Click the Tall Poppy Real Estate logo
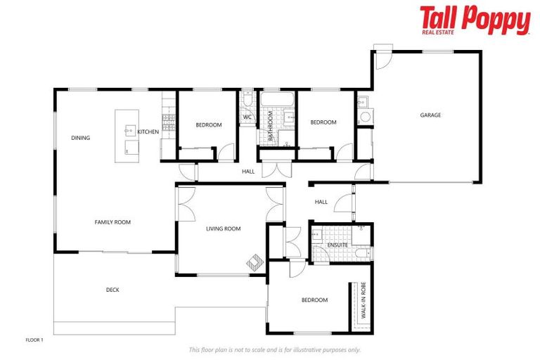point(475,20)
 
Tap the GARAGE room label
point(430,115)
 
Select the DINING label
point(80,138)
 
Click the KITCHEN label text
point(148,132)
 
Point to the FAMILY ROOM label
point(112,222)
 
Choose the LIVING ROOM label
point(223,229)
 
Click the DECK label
point(112,290)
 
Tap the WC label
point(247,117)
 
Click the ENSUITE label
point(337,245)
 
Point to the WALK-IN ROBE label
point(364,303)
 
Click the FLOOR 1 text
point(34,340)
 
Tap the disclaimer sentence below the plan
point(274,349)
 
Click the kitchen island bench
point(127,136)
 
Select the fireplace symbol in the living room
point(254,264)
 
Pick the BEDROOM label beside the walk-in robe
point(314,300)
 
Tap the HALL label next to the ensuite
point(321,202)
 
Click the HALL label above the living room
point(248,171)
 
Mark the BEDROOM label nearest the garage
point(323,122)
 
